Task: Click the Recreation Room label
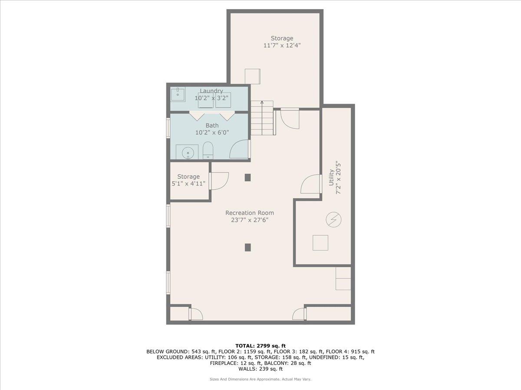249,213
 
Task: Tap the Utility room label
332,177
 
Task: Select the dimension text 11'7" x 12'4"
282,45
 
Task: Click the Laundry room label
211,91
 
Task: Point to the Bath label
212,126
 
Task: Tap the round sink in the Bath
187,153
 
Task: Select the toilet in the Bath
208,150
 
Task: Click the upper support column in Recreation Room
248,177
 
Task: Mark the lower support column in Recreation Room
248,247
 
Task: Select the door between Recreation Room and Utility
310,184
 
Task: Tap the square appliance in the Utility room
320,243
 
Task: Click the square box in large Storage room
252,76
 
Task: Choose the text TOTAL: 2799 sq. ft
260,345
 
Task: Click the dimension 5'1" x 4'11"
188,184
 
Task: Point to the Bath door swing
240,149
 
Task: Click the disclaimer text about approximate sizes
260,379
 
